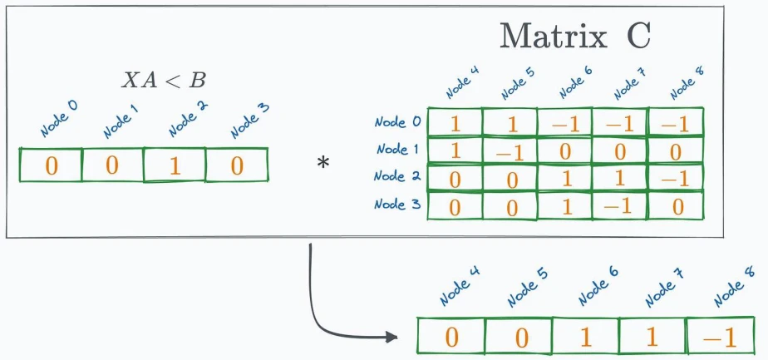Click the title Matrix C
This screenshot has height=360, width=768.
574,37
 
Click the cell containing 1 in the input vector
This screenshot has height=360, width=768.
175,165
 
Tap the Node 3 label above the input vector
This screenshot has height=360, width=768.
250,121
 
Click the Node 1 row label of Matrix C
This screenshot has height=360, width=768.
397,149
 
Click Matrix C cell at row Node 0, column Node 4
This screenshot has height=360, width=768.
455,122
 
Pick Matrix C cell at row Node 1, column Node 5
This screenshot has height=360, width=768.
510,150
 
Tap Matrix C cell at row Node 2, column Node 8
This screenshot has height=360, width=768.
676,177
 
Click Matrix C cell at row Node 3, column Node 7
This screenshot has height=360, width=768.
621,205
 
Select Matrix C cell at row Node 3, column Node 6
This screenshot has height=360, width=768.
565,205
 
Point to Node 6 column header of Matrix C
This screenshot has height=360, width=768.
576,81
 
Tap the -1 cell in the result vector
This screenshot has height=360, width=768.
721,336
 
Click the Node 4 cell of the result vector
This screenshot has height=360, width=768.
451,336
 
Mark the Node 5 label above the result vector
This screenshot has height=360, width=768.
527,289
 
